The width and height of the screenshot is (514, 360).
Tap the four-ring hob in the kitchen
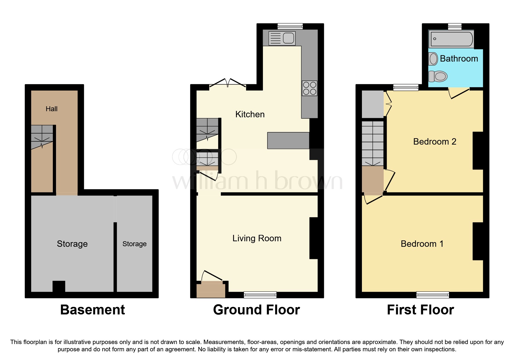click(309, 88)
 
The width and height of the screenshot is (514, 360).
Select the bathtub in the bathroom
click(451, 39)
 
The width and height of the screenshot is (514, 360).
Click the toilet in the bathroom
click(438, 76)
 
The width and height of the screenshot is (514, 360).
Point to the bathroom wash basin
click(433, 59)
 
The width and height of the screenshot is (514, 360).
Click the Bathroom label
click(459, 59)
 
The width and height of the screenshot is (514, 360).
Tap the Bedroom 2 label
click(434, 142)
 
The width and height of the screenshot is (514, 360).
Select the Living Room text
click(257, 238)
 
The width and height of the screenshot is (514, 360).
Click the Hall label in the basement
click(52, 109)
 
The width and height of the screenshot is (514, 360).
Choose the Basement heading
click(92, 310)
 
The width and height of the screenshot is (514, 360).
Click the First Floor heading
click(420, 310)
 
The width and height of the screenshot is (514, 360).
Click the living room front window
click(260, 295)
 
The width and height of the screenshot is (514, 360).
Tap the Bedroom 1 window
click(432, 295)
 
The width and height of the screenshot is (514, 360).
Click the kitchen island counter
click(288, 141)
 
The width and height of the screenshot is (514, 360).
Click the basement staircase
click(42, 136)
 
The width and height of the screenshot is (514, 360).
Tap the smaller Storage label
click(134, 244)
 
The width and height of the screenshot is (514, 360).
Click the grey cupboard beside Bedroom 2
click(373, 104)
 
